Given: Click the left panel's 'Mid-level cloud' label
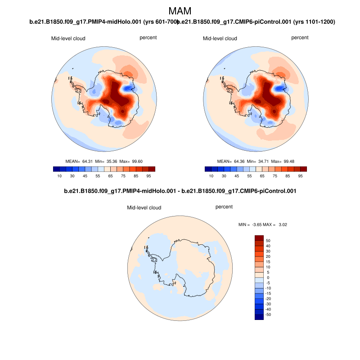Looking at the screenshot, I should tap(68, 39).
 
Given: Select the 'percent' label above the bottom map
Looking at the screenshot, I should tap(224, 207).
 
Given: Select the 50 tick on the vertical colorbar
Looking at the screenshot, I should tap(268, 240).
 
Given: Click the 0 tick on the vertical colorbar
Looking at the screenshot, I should tap(268, 278).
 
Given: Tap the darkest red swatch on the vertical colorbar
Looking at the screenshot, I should tap(259, 238).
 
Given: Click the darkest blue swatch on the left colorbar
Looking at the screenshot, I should tap(56, 169).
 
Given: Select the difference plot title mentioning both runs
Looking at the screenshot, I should tap(180, 191).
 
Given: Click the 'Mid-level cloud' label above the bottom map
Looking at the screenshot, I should tap(144, 208).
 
